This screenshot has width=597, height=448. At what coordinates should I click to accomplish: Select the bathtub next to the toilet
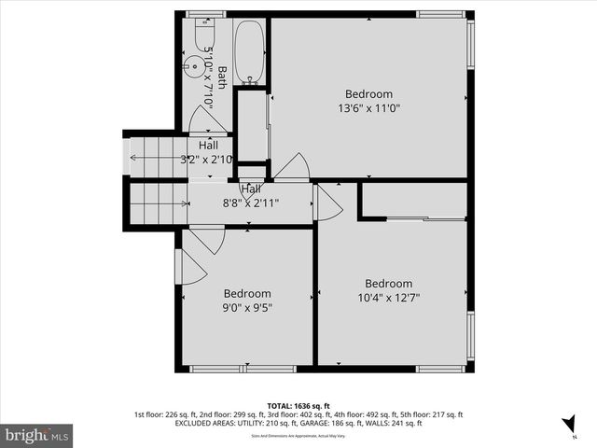pos(249,54)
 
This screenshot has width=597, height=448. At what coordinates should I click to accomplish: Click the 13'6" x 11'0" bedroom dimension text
pos(368,108)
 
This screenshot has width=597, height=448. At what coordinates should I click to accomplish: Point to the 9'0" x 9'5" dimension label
pos(246,307)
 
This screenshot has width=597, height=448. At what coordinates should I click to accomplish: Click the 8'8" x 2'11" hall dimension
pos(250,203)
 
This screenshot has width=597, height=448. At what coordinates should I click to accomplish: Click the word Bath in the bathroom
pos(222,77)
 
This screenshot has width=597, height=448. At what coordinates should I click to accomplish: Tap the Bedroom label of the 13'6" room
pos(368,94)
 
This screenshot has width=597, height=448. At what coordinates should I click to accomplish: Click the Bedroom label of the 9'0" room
pos(246,293)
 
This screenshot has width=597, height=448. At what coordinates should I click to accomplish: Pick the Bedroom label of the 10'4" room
pos(388,284)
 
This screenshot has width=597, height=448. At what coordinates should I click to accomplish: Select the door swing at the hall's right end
pos(328,203)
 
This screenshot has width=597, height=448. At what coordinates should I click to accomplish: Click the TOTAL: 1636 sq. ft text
pos(298,406)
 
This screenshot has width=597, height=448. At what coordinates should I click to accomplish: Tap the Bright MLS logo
pos(37,434)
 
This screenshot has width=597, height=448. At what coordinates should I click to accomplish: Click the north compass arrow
pos(568,425)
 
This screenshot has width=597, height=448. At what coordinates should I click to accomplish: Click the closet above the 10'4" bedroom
pos(413,200)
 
